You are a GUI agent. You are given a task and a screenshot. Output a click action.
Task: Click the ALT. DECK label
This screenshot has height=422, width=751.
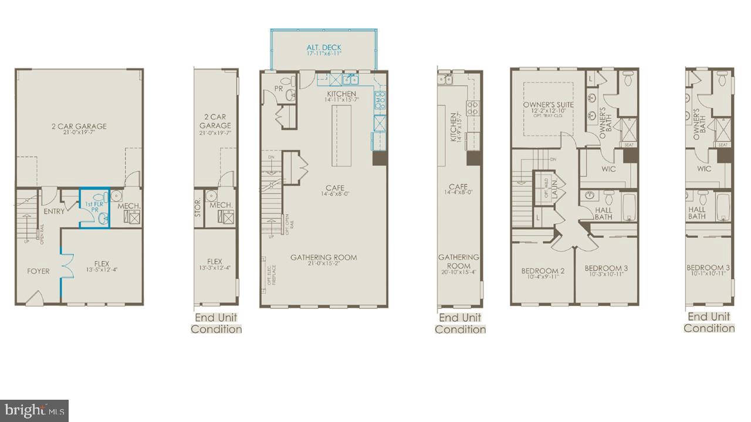[323, 47]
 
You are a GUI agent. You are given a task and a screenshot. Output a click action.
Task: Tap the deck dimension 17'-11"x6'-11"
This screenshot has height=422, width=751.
[323, 54]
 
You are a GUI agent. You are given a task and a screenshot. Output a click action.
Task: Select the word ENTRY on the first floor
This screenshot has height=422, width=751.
[54, 212]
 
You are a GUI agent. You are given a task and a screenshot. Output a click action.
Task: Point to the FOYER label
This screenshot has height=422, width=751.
[38, 271]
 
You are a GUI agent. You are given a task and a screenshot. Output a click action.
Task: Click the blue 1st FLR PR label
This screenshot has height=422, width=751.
[94, 206]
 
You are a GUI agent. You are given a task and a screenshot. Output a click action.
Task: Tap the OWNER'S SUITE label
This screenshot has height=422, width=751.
[548, 105]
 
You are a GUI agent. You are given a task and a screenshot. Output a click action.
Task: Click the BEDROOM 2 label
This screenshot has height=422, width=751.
[543, 271]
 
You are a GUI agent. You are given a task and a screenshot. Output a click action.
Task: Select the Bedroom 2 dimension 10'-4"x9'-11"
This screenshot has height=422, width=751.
[543, 277]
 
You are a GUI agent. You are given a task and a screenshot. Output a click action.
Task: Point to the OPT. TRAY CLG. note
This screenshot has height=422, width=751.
[548, 117]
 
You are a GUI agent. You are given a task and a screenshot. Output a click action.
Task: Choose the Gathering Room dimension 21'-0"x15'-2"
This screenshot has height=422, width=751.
[323, 264]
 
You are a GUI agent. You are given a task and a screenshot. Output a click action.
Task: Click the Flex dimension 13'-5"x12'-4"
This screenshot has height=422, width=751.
[102, 271]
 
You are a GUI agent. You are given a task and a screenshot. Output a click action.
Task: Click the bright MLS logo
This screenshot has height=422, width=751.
[34, 410]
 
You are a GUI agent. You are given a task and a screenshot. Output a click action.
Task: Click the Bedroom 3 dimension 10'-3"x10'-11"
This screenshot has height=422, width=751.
[606, 275]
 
